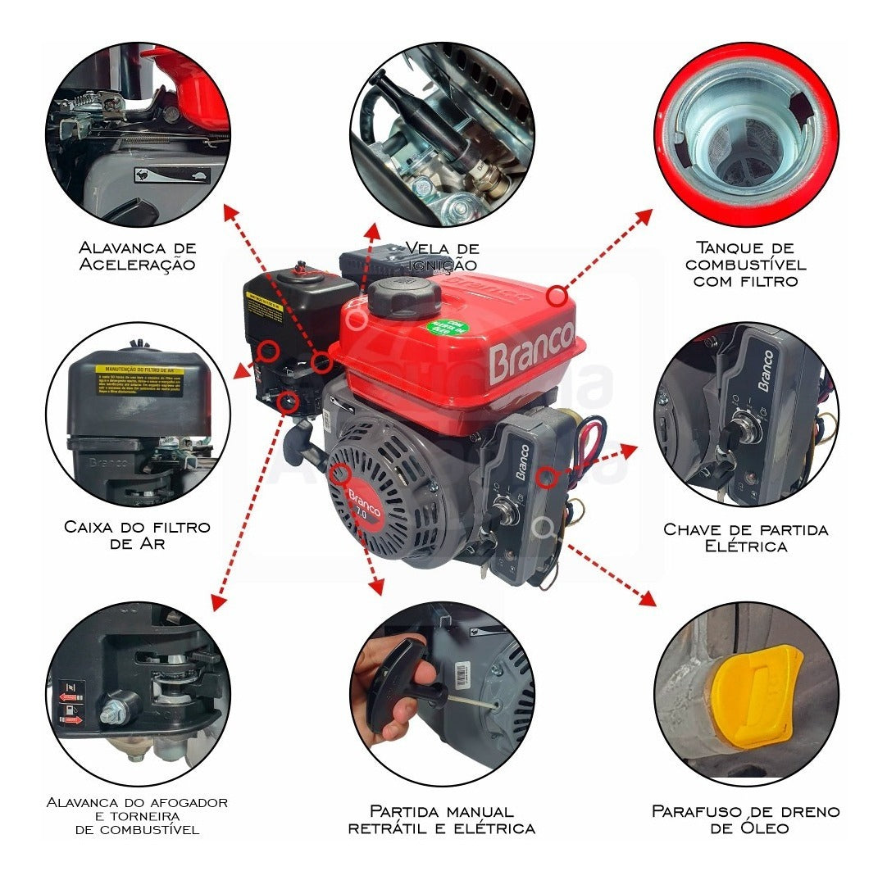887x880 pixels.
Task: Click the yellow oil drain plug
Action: click(x=755, y=696)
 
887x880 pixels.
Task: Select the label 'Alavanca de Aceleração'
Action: click(x=138, y=256)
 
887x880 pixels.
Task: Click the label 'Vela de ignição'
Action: click(x=441, y=256)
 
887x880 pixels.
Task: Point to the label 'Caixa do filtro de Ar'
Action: click(x=137, y=534)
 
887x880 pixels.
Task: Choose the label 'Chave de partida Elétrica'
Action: click(x=746, y=538)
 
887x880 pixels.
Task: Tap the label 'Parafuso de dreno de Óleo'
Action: click(x=746, y=819)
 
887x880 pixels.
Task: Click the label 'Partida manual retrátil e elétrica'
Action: click(x=442, y=819)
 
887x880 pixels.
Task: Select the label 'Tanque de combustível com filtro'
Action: click(x=746, y=264)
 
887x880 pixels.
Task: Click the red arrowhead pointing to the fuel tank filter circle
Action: click(x=644, y=217)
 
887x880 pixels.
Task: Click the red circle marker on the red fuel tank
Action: click(x=557, y=294)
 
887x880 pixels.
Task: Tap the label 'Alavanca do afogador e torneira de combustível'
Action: click(x=138, y=815)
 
